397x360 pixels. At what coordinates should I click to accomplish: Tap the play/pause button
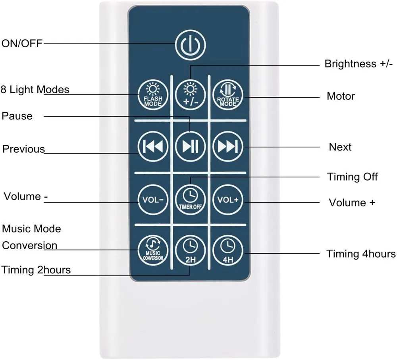coord(190,146)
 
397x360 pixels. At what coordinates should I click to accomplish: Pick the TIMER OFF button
coord(190,199)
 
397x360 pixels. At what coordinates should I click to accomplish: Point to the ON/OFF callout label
coord(22,43)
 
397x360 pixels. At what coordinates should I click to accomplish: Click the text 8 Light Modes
coord(35,89)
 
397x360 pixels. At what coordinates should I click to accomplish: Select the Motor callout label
coord(341,96)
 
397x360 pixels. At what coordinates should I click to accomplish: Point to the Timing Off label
coord(353,177)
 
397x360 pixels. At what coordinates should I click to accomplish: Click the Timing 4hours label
coord(361,254)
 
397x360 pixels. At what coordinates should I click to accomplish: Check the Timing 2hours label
coord(36,270)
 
